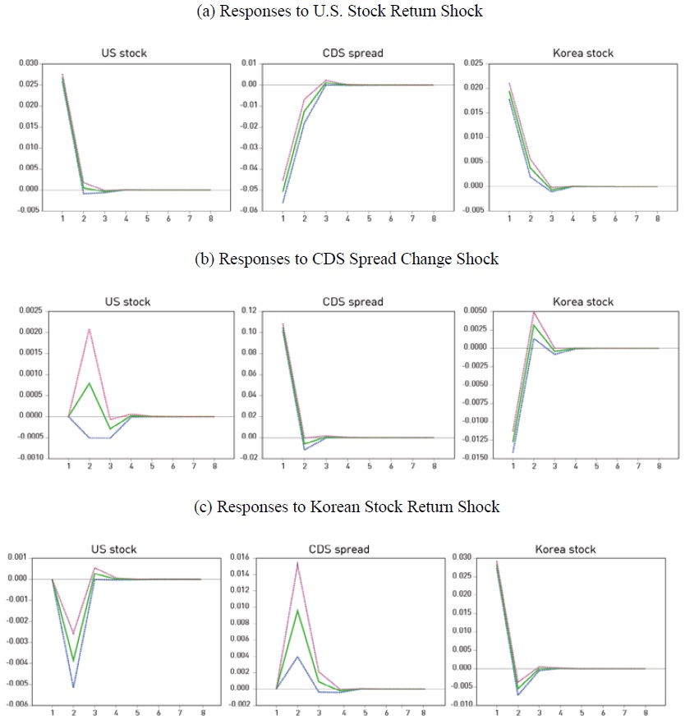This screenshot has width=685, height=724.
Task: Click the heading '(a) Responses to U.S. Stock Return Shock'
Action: point(342,11)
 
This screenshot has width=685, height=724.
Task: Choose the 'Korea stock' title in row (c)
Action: point(566,549)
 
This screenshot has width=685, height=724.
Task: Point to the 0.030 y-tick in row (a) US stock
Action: point(28,63)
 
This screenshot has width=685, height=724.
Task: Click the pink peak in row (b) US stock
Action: point(89,330)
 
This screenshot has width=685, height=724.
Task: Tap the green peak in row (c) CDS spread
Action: point(297,610)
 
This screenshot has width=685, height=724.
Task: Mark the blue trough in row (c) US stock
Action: point(74,686)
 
